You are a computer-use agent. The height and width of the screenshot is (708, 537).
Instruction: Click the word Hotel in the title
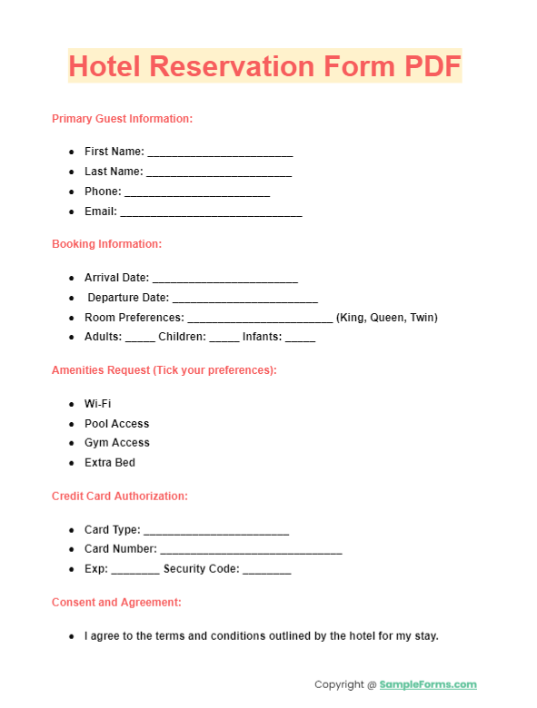tap(105, 66)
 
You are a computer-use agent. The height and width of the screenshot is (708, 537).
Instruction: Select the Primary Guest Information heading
tap(122, 119)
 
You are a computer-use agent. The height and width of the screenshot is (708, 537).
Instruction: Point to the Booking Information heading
tap(106, 244)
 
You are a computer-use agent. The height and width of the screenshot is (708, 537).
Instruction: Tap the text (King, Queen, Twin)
tap(387, 318)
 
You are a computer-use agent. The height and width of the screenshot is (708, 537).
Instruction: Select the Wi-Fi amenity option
tap(98, 404)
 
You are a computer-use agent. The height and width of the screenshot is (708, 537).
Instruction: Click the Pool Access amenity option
tap(116, 424)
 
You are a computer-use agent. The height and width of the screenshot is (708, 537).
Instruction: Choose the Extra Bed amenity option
tap(110, 463)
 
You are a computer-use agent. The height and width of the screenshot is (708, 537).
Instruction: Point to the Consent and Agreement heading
tap(116, 603)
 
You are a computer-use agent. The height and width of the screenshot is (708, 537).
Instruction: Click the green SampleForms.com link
tap(428, 684)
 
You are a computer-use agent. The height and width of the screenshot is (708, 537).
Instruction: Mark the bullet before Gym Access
tap(72, 443)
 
